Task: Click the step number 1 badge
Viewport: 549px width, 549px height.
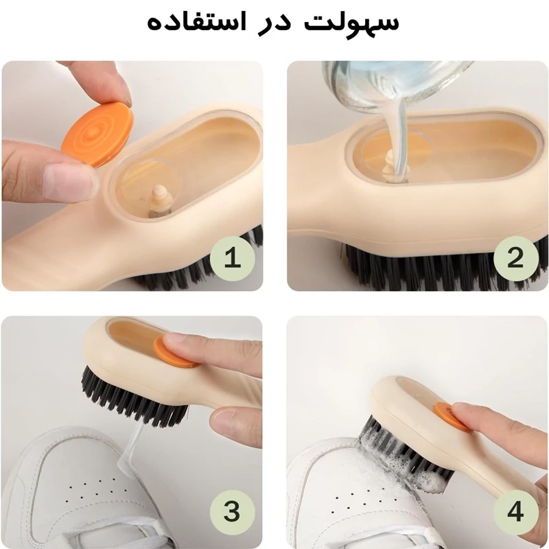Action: coord(232,259)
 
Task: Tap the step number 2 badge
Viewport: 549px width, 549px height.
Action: coord(515,259)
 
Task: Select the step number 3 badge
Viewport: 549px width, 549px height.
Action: coord(232,512)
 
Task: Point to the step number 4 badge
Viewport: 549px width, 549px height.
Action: coord(515,512)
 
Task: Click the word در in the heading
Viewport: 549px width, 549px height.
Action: coord(274,25)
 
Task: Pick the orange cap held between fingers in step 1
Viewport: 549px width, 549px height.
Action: coord(97,134)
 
